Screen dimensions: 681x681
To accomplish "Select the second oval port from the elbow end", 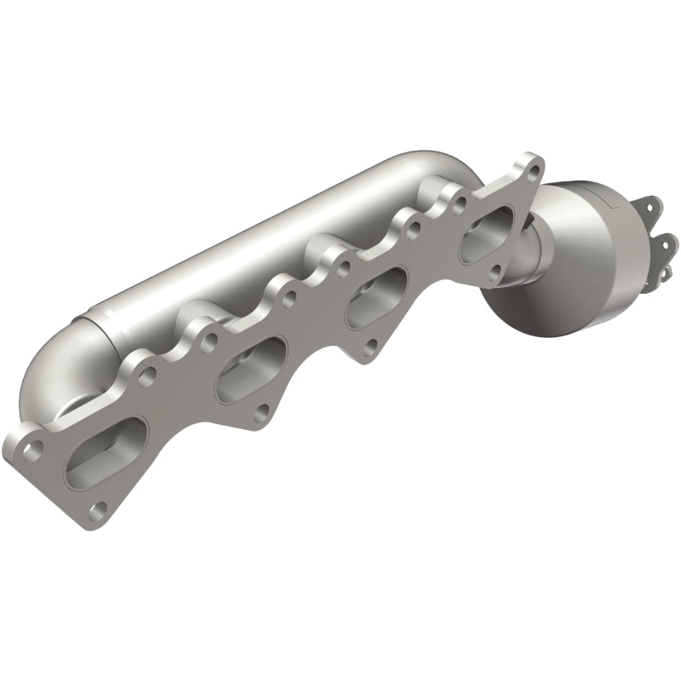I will (x=249, y=370).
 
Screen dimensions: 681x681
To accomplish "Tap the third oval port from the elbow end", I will (x=375, y=299).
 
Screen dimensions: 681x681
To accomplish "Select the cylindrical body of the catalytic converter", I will (x=596, y=221).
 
